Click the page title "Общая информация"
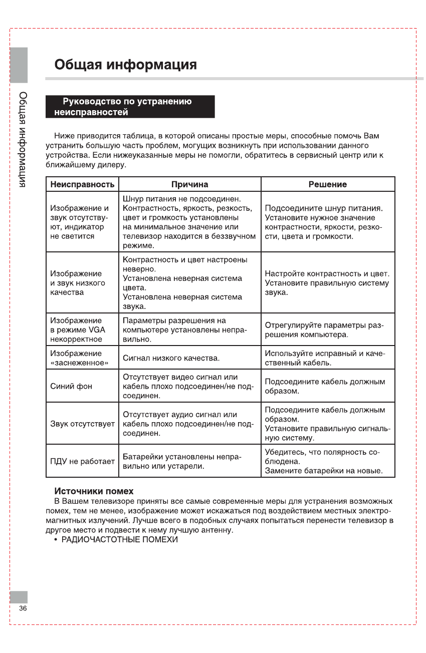pyautogui.click(x=125, y=65)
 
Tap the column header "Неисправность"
pyautogui.click(x=82, y=184)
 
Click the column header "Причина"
pyautogui.click(x=189, y=184)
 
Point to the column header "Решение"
pyautogui.click(x=328, y=184)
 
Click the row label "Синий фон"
pyautogui.click(x=72, y=386)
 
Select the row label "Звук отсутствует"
pyautogui.click(x=83, y=424)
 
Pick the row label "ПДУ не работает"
pyautogui.click(x=83, y=461)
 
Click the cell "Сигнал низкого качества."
pyautogui.click(x=171, y=358)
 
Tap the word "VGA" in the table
pyautogui.click(x=97, y=330)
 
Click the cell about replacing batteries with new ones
pyautogui.click(x=323, y=471)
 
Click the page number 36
pyautogui.click(x=23, y=608)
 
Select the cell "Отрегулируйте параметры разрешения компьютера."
pyautogui.click(x=324, y=330)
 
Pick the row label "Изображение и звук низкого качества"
pyautogui.click(x=78, y=283)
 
